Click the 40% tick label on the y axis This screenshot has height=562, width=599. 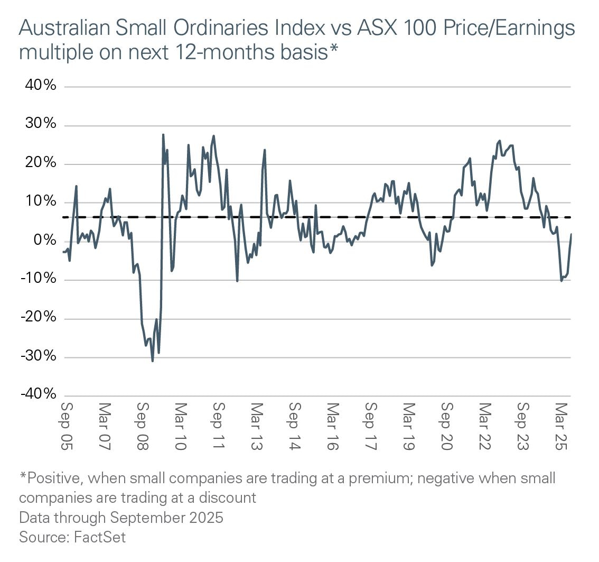pyautogui.click(x=38, y=86)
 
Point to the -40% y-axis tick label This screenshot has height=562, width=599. pyautogui.click(x=38, y=395)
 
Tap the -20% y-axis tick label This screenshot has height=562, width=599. pyautogui.click(x=38, y=318)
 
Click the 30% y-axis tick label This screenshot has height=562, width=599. pyautogui.click(x=38, y=125)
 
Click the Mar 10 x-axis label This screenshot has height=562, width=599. pyautogui.click(x=181, y=427)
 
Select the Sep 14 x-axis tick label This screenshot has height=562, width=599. pyautogui.click(x=295, y=427)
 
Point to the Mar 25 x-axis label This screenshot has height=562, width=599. pyautogui.click(x=561, y=427)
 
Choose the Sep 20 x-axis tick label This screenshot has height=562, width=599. pyautogui.click(x=447, y=427)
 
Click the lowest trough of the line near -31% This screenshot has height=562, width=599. pyautogui.click(x=153, y=361)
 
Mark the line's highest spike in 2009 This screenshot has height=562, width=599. pyautogui.click(x=163, y=135)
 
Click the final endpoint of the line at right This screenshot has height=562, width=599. pyautogui.click(x=571, y=234)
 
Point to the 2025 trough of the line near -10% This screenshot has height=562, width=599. pyautogui.click(x=561, y=281)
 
